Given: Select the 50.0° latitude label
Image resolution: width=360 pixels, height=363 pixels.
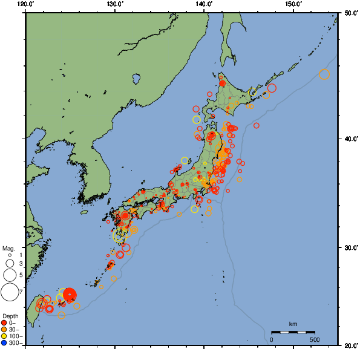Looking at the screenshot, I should [349, 13].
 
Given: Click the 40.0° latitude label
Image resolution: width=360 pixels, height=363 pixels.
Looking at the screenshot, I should [349, 139].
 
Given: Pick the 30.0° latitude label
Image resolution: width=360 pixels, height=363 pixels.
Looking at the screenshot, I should [349, 248].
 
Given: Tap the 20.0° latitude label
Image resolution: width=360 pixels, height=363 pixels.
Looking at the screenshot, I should [349, 345].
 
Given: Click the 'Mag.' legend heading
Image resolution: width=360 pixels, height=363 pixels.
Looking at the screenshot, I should [8, 249].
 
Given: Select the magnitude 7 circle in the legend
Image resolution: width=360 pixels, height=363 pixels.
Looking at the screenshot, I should [9, 293].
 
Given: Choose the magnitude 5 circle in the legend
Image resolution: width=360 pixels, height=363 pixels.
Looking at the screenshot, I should [9, 275].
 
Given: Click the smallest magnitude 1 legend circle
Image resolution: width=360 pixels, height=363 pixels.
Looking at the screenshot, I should [9, 255].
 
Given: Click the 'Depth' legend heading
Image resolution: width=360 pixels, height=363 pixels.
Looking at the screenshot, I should [10, 316].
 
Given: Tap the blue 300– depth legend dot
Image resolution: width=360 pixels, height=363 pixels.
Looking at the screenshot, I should [4, 343].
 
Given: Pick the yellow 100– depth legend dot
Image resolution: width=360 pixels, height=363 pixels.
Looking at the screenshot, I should [4, 336].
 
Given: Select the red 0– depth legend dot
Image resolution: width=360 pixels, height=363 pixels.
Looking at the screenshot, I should [4, 322].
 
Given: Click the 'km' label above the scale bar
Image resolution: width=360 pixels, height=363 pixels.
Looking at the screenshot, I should [293, 324].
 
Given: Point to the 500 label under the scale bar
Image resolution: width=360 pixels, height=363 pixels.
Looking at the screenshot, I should [315, 339].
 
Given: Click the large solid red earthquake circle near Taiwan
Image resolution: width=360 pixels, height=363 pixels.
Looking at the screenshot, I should [69, 295].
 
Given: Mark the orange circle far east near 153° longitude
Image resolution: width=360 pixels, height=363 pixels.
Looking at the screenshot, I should [324, 74].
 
